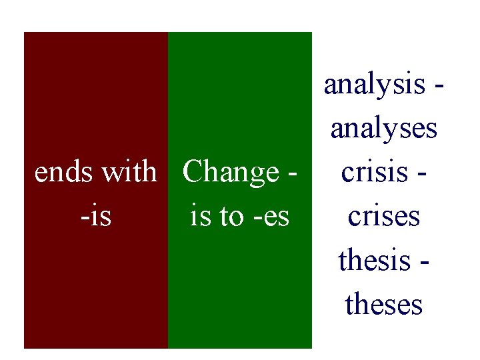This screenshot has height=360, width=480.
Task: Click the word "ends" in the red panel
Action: pos(65,172)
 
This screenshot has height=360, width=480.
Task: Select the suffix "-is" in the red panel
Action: pos(96,216)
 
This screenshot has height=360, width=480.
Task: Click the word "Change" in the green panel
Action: pos(231,172)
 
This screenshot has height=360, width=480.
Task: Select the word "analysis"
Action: pos(374,85)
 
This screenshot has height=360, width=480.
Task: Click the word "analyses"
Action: pos(384,129)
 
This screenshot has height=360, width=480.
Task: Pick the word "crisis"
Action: pos(373,172)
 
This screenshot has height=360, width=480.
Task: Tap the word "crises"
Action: pos(384,216)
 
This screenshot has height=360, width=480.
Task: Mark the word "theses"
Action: pos(384,304)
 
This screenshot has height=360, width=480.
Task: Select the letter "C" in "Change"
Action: pos(192,172)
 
